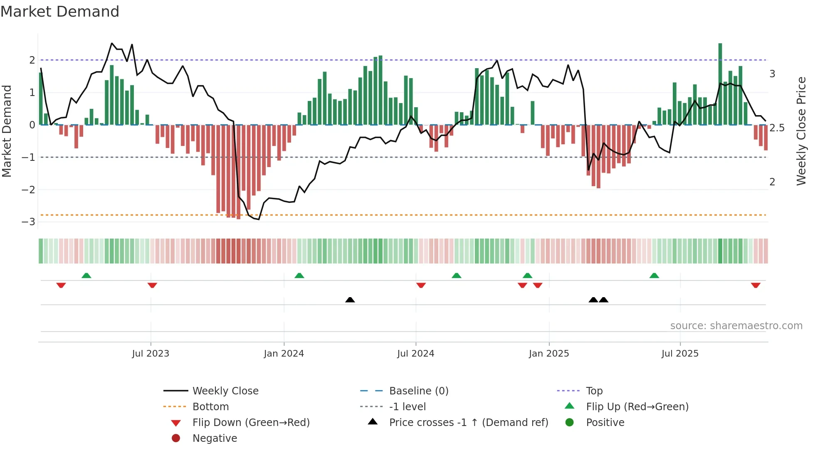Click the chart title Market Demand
[x=60, y=12]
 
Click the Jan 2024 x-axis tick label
[x=284, y=354]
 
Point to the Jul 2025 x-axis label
[x=680, y=354]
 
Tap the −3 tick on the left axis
[x=28, y=222]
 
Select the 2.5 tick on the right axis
[x=777, y=128]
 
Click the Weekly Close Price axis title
[x=801, y=131]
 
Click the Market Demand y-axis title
[x=7, y=131]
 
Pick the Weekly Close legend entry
[x=225, y=391]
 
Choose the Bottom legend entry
[x=210, y=407]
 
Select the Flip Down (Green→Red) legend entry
[x=251, y=423]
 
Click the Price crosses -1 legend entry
[x=468, y=423]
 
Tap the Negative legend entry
[x=215, y=438]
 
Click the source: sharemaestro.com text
[x=736, y=326]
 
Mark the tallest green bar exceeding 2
[x=720, y=83]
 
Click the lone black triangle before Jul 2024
[x=350, y=300]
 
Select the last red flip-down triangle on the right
[x=756, y=285]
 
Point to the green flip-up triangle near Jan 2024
[x=299, y=276]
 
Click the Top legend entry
[x=594, y=391]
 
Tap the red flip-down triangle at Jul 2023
[x=152, y=285]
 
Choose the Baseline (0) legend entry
[x=418, y=391]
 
